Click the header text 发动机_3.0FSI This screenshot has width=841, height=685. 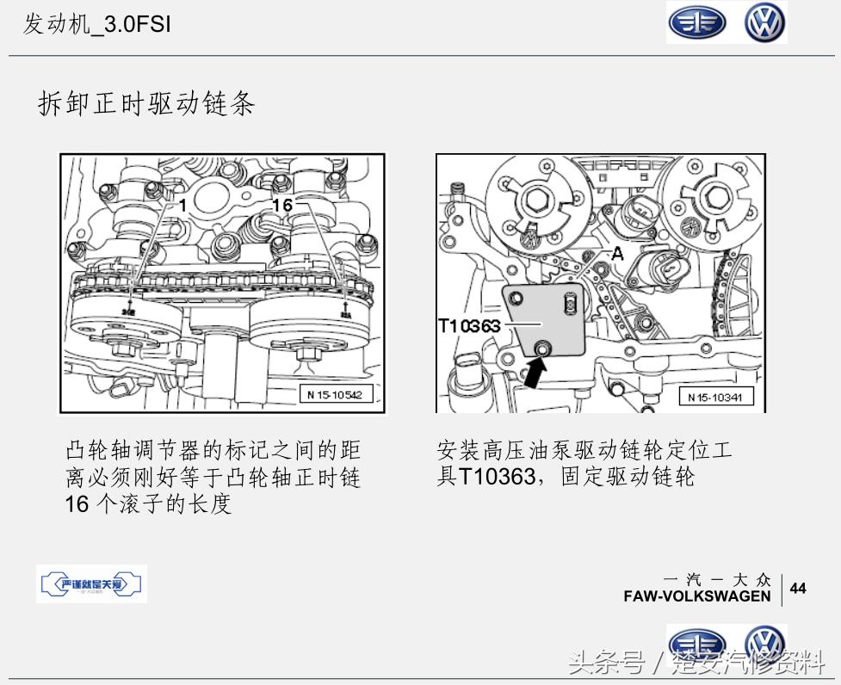pyautogui.click(x=96, y=25)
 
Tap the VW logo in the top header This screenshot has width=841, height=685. pyautogui.click(x=765, y=23)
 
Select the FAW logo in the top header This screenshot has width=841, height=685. pyautogui.click(x=696, y=23)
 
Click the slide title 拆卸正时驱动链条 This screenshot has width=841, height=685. pyautogui.click(x=146, y=104)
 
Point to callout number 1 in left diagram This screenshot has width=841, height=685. pyautogui.click(x=182, y=204)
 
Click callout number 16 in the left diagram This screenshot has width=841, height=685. pyautogui.click(x=282, y=204)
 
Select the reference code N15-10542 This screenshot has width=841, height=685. pyautogui.click(x=334, y=395)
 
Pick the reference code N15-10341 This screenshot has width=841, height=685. pyautogui.click(x=715, y=397)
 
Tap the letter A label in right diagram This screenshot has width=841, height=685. pyautogui.click(x=616, y=254)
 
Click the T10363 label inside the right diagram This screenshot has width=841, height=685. pyautogui.click(x=470, y=326)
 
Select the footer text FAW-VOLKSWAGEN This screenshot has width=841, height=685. pyautogui.click(x=697, y=596)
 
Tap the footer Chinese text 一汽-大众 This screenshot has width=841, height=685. pyautogui.click(x=718, y=580)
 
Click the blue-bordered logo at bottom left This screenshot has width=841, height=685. pyautogui.click(x=92, y=585)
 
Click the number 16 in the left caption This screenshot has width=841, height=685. pyautogui.click(x=77, y=503)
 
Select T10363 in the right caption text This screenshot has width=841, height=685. pyautogui.click(x=497, y=476)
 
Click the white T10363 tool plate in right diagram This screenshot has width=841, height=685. pyautogui.click(x=547, y=318)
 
